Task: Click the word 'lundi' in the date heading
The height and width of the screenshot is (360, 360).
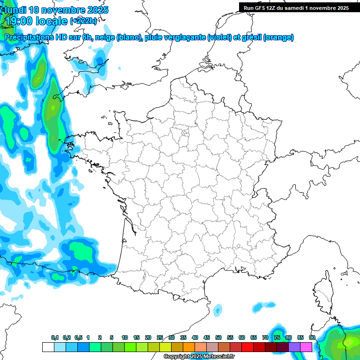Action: [x=15, y=10]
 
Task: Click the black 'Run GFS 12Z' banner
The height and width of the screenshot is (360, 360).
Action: [x=296, y=7]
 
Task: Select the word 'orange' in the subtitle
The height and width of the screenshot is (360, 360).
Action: [x=278, y=37]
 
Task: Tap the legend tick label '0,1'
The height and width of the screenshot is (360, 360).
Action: [x=55, y=337]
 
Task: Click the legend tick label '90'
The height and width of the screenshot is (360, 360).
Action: [x=312, y=337]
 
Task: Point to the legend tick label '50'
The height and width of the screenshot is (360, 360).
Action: [x=218, y=337]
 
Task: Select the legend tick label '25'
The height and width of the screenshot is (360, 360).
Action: [x=160, y=337]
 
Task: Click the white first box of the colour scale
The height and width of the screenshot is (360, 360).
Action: [x=48, y=347]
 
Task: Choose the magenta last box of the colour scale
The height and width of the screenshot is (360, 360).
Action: [x=306, y=347]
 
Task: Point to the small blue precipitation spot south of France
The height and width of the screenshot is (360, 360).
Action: [x=217, y=309]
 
